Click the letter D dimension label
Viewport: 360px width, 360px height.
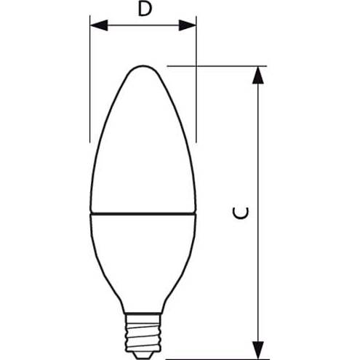point(145,9)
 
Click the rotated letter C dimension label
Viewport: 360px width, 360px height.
point(241,213)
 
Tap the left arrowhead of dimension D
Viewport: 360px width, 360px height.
point(99,25)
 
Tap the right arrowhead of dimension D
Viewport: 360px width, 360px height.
point(187,25)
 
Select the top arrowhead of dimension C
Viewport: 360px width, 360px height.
point(258,76)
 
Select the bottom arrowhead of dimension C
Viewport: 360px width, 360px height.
point(258,351)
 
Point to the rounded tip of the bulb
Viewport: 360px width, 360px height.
point(143,66)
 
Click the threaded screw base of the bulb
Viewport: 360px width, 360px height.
point(143,332)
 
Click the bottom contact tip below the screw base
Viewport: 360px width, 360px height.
point(143,356)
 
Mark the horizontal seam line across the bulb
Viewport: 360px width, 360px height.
point(143,214)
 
